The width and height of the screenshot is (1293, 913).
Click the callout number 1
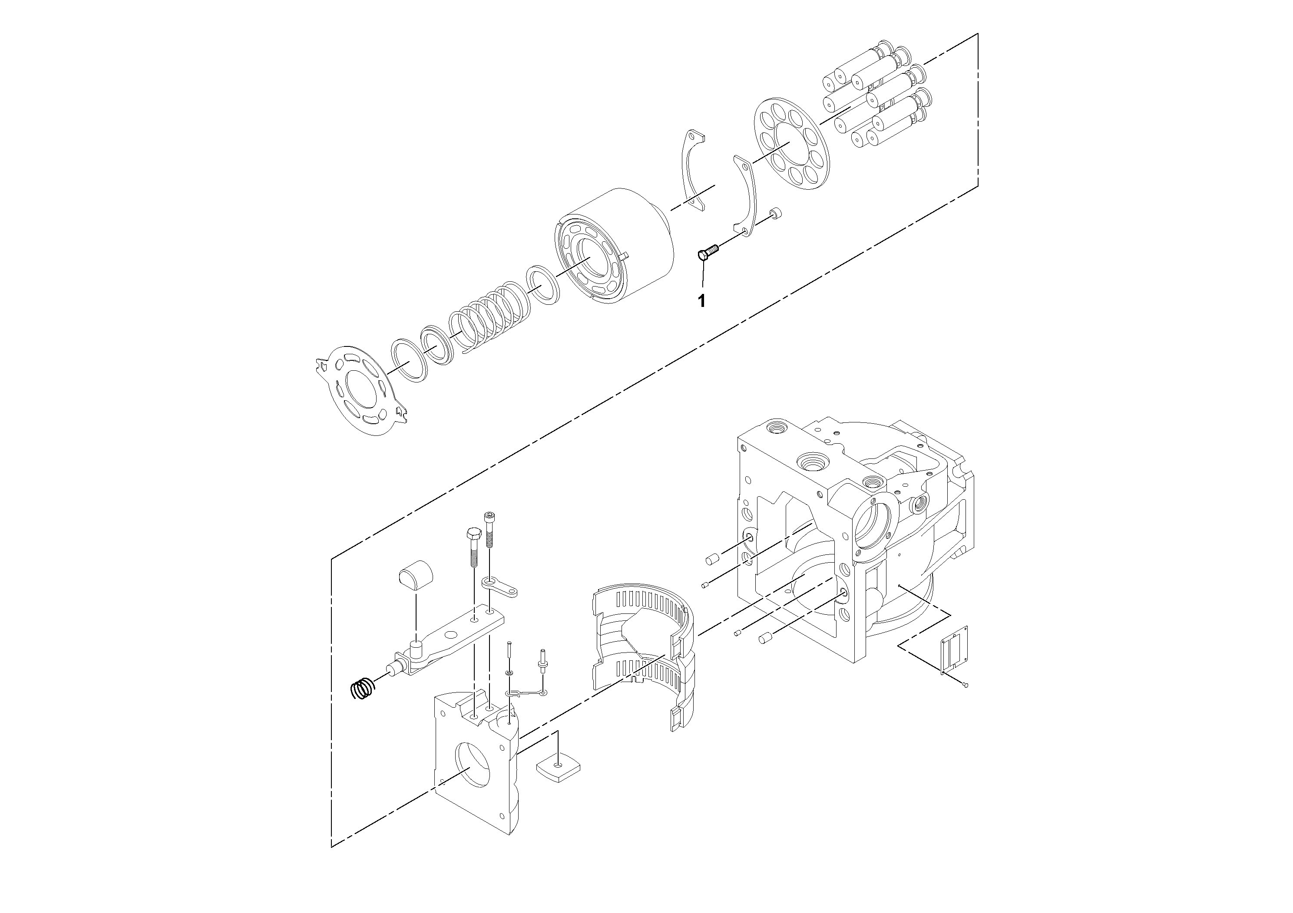click(x=702, y=301)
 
